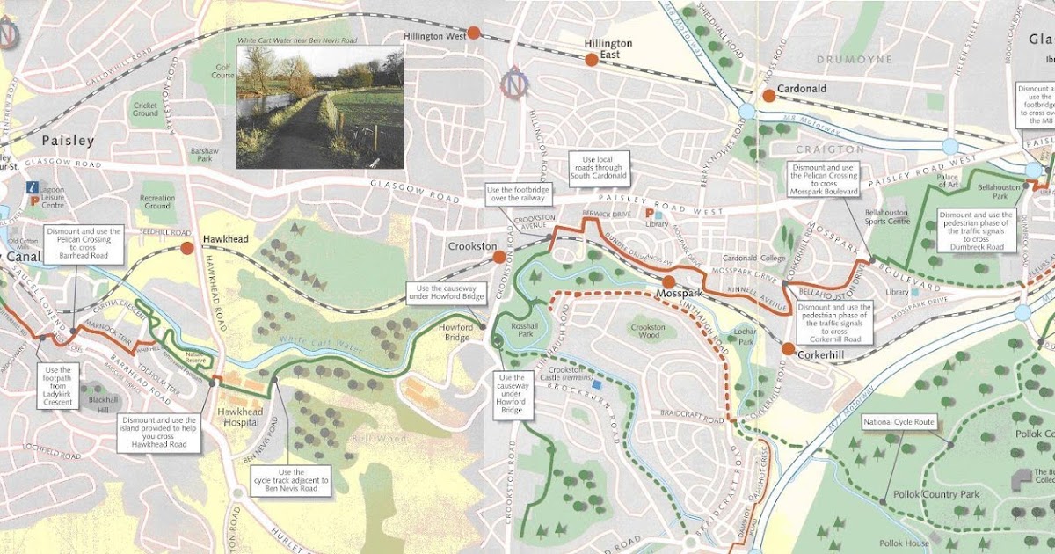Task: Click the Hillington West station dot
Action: [473, 33]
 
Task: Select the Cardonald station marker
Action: [768, 95]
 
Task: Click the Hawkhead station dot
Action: [187, 248]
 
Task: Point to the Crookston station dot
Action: [498, 257]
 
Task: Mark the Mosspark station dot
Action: [668, 281]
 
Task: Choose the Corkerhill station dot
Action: [788, 349]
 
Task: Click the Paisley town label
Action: [68, 141]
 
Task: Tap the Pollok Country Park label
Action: [940, 494]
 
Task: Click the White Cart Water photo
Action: [320, 106]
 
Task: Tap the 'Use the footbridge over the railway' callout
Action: [519, 195]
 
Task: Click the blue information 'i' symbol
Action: [33, 187]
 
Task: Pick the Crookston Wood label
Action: [647, 332]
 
